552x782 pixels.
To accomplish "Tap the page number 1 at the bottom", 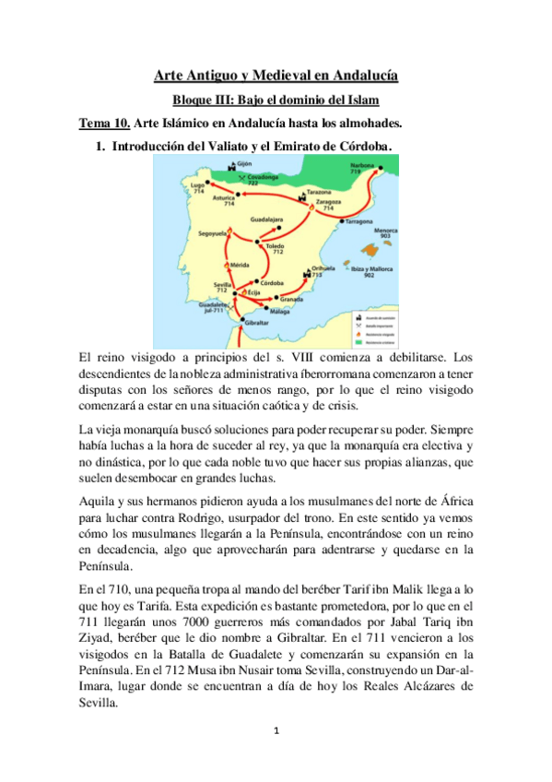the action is (x=276, y=732).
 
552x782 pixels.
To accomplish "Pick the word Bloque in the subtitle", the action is (x=195, y=100).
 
